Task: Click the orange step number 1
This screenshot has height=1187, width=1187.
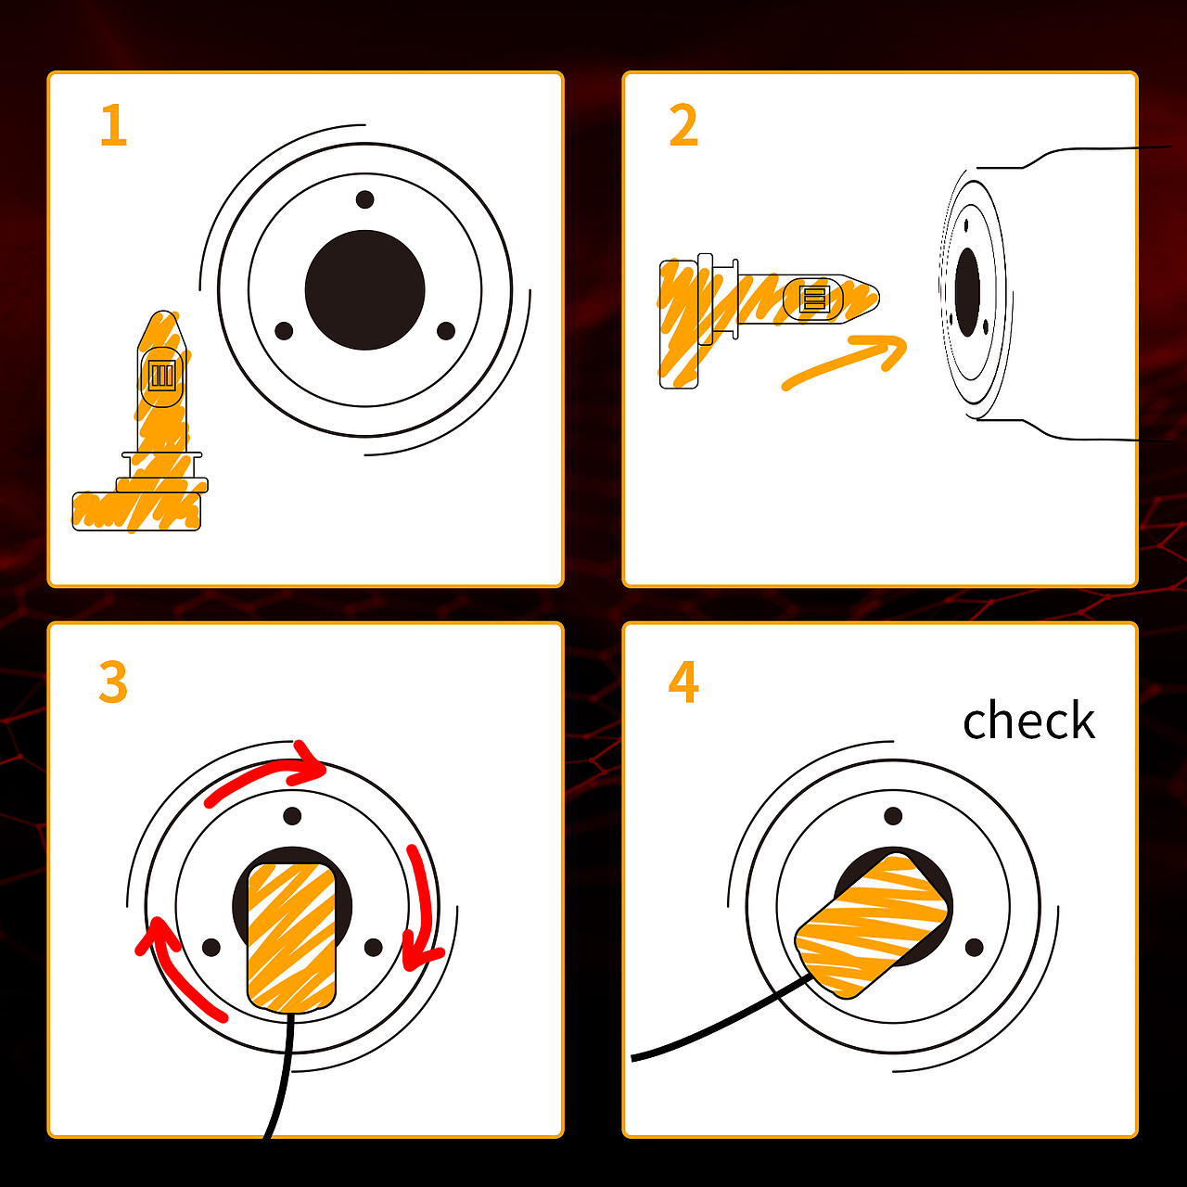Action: point(114,125)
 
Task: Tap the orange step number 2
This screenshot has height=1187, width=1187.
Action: point(683,125)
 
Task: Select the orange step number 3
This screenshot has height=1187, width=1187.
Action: point(113,682)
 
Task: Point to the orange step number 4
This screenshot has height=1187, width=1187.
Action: point(683,682)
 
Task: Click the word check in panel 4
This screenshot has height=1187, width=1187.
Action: point(1028,720)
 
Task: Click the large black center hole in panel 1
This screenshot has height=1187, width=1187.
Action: point(364,290)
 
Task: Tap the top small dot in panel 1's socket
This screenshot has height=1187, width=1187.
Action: point(364,199)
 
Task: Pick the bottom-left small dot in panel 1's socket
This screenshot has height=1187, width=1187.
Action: point(284,331)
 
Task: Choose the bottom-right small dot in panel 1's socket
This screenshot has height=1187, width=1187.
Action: point(446,331)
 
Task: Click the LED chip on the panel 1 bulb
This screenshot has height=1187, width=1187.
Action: point(162,375)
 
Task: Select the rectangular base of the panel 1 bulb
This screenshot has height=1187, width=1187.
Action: point(136,511)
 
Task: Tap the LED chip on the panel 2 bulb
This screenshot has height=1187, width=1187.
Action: point(813,299)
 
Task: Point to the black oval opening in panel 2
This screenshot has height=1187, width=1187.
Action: point(967,293)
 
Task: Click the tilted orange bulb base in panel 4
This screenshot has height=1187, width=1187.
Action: point(871,925)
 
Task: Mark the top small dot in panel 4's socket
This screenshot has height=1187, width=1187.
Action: point(893,817)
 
